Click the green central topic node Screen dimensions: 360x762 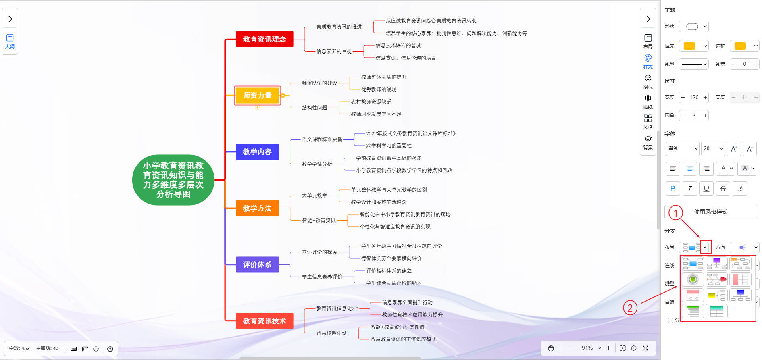click(x=173, y=180)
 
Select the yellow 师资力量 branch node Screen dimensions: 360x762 click(x=257, y=96)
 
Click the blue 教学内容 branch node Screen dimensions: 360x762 click(x=257, y=152)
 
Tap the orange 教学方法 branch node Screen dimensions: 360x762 click(x=257, y=208)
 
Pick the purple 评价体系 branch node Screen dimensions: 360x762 click(x=257, y=265)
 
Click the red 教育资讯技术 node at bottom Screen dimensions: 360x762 click(x=264, y=321)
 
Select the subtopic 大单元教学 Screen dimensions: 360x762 click(x=314, y=196)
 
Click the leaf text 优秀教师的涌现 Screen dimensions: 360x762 click(x=379, y=89)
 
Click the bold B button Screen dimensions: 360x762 click(x=673, y=189)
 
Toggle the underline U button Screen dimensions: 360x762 click(x=706, y=189)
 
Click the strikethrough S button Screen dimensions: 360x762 click(x=723, y=189)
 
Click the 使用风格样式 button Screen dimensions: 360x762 click(x=710, y=212)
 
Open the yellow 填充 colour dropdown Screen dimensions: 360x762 click(x=694, y=46)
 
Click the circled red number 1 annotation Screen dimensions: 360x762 click(x=675, y=213)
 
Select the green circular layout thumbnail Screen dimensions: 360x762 click(x=693, y=279)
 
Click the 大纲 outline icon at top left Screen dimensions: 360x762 click(x=10, y=41)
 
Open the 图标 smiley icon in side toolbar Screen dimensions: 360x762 click(x=648, y=81)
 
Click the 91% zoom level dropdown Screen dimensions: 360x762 click(x=591, y=348)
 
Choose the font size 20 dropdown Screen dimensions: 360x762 click(x=713, y=148)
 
